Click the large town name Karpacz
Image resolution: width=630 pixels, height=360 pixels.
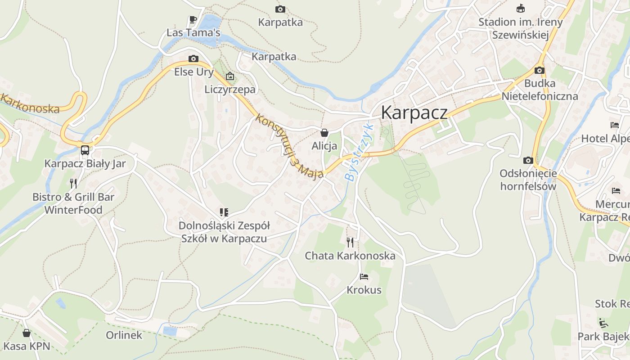click(x=414, y=112)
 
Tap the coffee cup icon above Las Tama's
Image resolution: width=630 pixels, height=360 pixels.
click(x=193, y=19)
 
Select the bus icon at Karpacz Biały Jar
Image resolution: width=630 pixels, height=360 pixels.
click(x=85, y=150)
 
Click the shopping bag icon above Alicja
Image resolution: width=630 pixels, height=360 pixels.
click(x=324, y=133)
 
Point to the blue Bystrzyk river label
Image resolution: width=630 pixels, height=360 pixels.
click(x=360, y=152)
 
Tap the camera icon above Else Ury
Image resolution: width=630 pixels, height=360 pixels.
click(x=193, y=58)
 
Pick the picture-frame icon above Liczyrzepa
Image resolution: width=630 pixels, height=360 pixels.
click(x=230, y=76)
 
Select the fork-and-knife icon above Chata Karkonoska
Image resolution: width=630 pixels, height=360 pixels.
click(x=350, y=243)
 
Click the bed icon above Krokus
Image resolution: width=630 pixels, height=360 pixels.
click(x=364, y=277)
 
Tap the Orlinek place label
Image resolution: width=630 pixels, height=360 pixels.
click(x=124, y=335)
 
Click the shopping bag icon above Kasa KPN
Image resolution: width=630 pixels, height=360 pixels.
click(x=27, y=333)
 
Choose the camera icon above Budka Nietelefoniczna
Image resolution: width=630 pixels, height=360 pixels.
click(x=540, y=70)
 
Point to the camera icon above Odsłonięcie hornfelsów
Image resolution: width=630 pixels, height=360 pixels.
click(x=528, y=160)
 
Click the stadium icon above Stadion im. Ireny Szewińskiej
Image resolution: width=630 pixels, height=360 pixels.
click(x=521, y=8)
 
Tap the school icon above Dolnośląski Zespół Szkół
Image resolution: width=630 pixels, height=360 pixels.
click(x=224, y=212)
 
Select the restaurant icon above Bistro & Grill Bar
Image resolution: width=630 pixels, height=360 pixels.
click(x=73, y=183)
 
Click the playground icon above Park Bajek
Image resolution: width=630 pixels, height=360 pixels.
click(x=603, y=323)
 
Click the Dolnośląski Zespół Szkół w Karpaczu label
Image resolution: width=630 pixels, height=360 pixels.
click(x=224, y=232)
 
